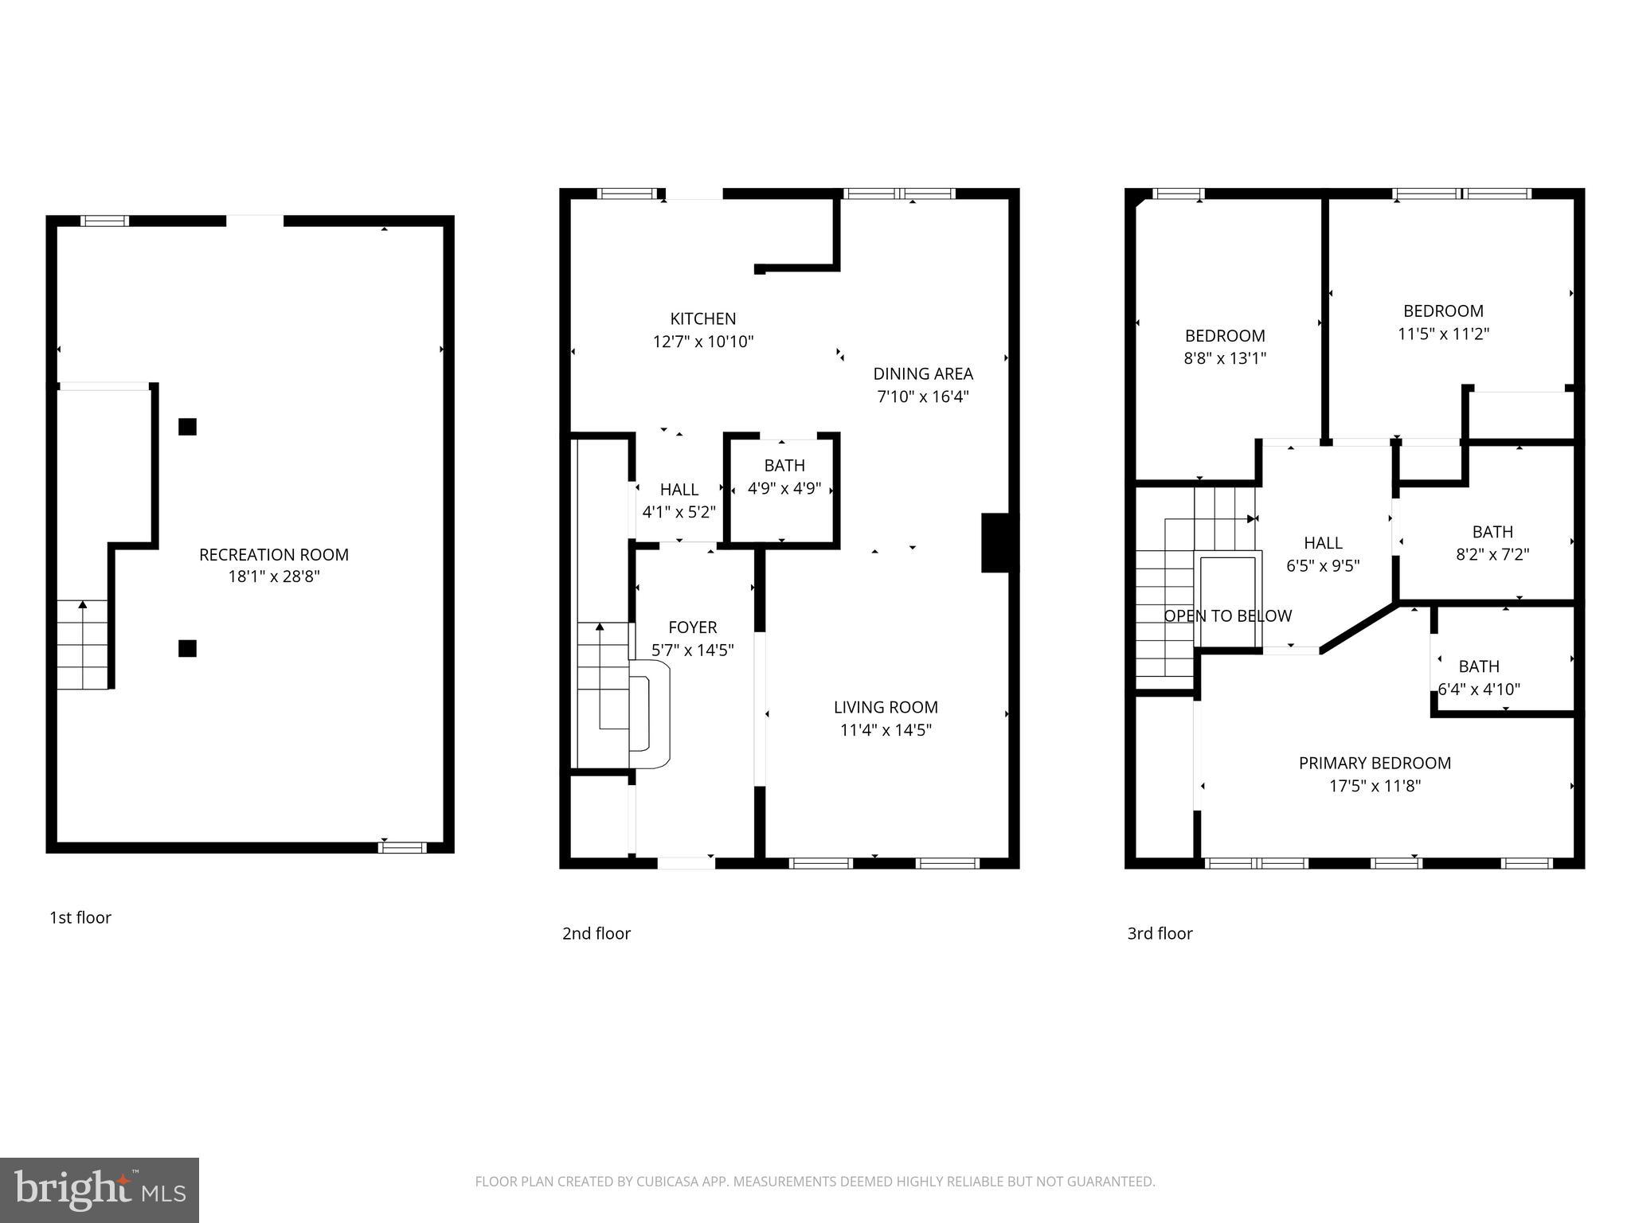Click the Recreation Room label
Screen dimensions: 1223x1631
[273, 554]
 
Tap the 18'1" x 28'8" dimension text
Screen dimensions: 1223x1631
[273, 576]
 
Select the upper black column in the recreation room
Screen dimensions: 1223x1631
[187, 427]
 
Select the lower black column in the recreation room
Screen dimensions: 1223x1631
[187, 648]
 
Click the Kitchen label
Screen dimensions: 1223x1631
[702, 318]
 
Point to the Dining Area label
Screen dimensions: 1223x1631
[923, 373]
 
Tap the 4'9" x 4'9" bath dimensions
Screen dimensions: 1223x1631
[784, 488]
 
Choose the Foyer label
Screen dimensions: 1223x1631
[692, 627]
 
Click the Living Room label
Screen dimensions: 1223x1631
[886, 707]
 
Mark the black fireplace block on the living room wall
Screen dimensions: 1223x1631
[999, 543]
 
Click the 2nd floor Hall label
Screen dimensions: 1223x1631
[679, 490]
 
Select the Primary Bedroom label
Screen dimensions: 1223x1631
[1375, 763]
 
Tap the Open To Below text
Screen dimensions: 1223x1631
[1227, 615]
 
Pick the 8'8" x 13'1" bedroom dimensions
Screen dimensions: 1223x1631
[1224, 358]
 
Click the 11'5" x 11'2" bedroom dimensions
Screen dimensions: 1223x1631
[1442, 334]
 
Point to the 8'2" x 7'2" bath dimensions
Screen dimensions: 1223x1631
[1492, 554]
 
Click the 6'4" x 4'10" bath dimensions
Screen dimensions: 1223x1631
[1478, 690]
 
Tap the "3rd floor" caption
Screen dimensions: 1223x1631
[1160, 933]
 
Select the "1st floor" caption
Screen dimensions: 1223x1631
[80, 917]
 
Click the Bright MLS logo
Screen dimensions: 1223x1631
[99, 1190]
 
